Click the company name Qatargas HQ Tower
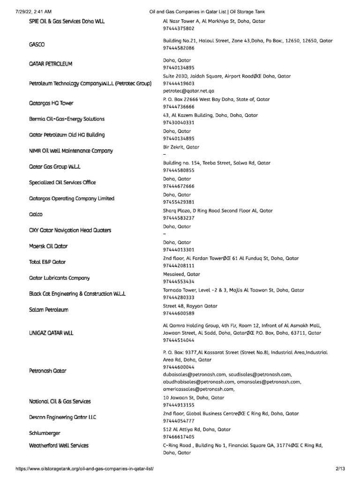pos(51,103)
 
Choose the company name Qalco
pos(36,214)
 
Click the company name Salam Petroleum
pos(49,310)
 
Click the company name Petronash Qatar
pos(48,371)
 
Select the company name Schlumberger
pos(45,433)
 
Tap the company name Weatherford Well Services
pos(59,445)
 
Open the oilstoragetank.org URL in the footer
pos(85,469)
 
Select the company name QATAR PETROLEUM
pos(51,64)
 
